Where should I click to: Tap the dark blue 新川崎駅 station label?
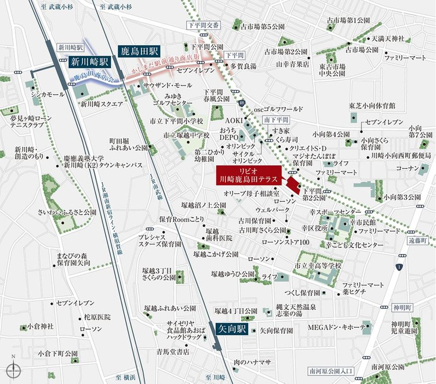click(x=90, y=62)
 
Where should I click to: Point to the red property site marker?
click(x=293, y=185)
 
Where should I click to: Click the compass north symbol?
click(x=14, y=367)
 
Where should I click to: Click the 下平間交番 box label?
click(x=204, y=25)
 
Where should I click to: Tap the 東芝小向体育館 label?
click(x=372, y=106)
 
